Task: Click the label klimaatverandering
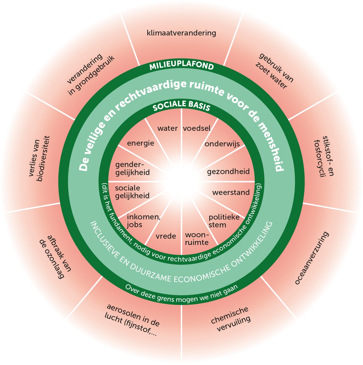click(181, 33)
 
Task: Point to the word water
click(167, 128)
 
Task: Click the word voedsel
click(197, 128)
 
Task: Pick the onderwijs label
click(222, 144)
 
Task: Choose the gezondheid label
click(228, 172)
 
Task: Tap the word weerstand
click(231, 192)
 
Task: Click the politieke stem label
click(224, 221)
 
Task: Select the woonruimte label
click(197, 239)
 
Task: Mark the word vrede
click(166, 236)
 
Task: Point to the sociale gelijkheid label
click(132, 192)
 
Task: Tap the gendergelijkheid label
click(132, 169)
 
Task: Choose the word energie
click(140, 143)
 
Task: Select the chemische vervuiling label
click(231, 319)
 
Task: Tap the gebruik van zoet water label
click(274, 71)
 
